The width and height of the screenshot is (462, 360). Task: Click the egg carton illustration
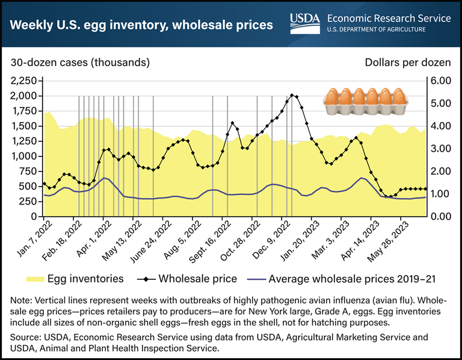coord(366,99)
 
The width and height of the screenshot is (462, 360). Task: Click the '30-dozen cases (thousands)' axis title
coord(79,62)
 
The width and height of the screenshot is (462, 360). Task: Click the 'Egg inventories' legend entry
coord(75,279)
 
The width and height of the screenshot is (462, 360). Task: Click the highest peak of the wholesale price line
coord(292,95)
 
